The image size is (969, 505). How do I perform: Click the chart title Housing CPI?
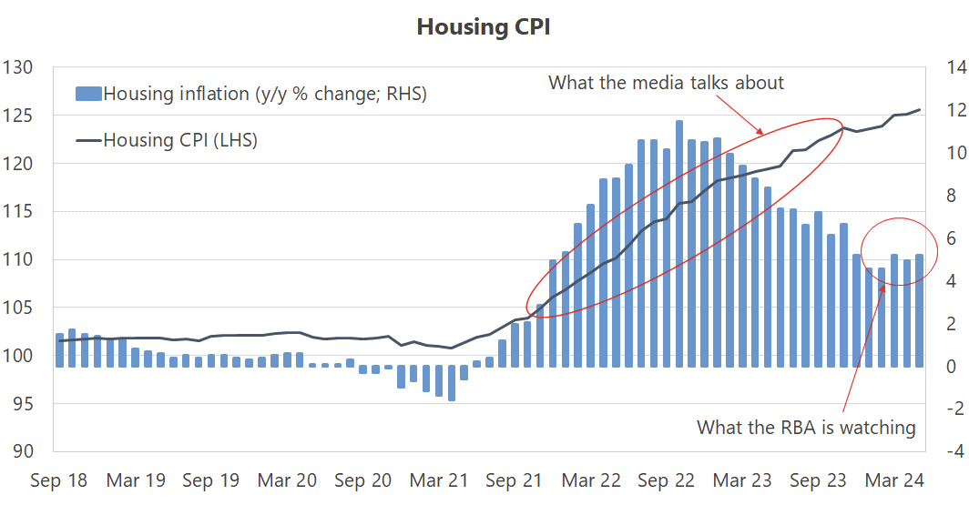[x=483, y=27]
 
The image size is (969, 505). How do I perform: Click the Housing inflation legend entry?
[x=264, y=93]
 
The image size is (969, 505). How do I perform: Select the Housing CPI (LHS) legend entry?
[x=180, y=140]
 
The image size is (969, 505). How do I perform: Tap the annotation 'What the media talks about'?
[x=666, y=83]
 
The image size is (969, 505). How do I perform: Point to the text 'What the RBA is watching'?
[x=806, y=427]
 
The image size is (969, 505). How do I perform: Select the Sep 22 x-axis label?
[x=667, y=480]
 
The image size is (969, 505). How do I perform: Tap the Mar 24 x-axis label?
[x=893, y=480]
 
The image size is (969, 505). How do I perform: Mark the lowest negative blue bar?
[x=451, y=383]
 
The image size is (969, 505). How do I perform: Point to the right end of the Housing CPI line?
[x=919, y=110]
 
